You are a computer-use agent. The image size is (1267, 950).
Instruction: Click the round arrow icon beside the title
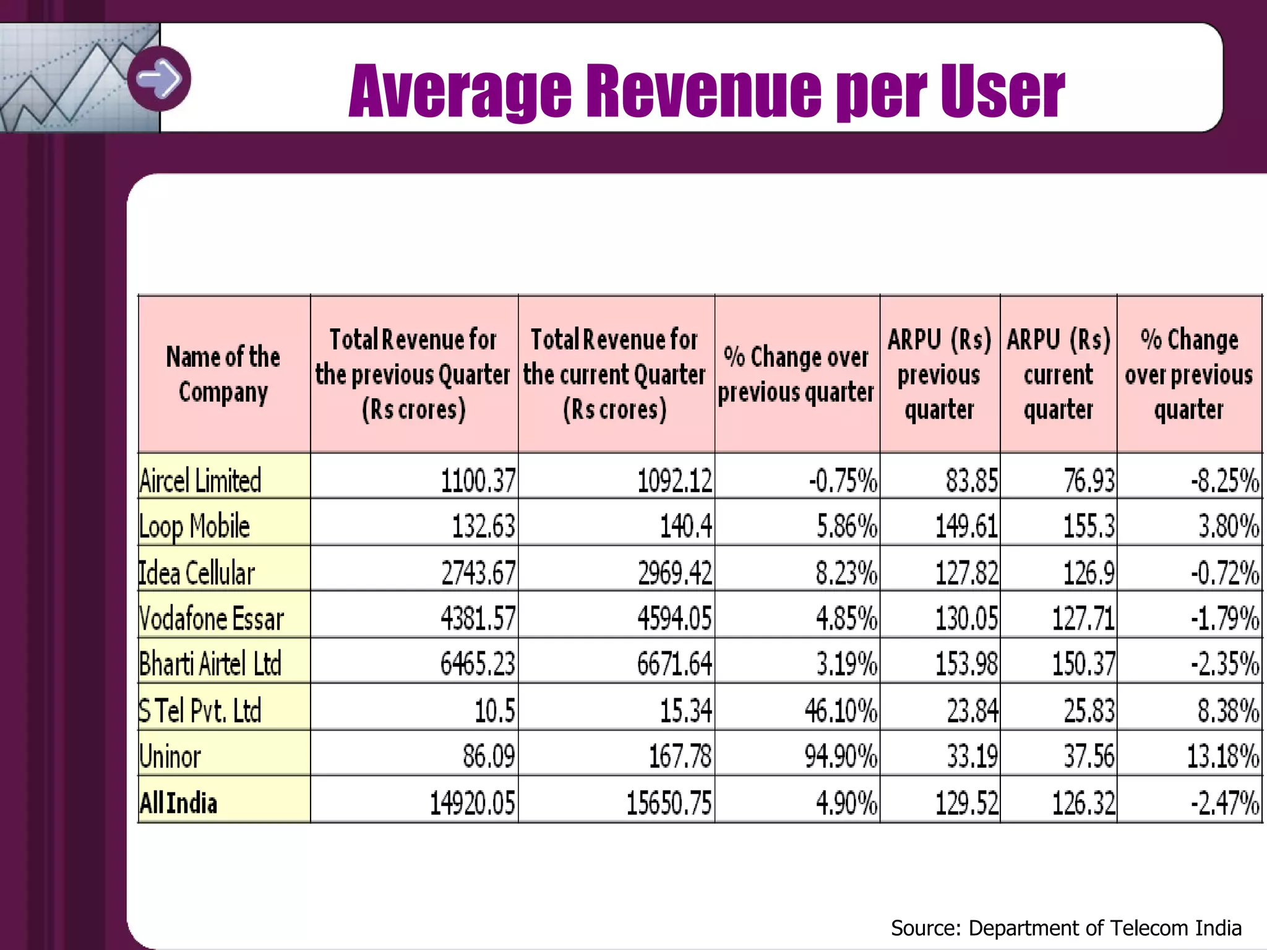(x=159, y=79)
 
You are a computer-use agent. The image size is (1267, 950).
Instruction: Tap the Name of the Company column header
(x=223, y=374)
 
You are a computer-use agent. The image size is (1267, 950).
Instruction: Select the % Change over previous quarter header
(x=796, y=374)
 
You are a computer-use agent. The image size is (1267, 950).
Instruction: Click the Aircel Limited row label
(x=200, y=481)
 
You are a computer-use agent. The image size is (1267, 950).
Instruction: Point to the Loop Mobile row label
(x=194, y=526)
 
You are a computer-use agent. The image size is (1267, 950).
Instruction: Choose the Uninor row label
(x=170, y=756)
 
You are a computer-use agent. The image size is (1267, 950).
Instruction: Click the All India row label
(x=178, y=803)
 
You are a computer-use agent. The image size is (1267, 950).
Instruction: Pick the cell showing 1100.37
(x=478, y=481)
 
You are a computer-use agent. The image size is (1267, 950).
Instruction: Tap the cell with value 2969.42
(x=675, y=573)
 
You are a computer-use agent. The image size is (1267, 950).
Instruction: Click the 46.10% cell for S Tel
(x=841, y=711)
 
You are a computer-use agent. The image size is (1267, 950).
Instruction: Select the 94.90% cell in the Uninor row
(x=841, y=756)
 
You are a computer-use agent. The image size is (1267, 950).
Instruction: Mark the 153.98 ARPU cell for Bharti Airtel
(x=966, y=664)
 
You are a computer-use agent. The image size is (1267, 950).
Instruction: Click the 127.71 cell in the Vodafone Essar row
(x=1083, y=618)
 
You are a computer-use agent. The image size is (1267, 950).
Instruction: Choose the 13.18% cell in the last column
(x=1222, y=756)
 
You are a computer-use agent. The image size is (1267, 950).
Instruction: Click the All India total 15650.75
(x=669, y=803)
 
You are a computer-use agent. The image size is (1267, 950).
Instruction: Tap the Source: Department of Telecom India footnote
(x=1066, y=928)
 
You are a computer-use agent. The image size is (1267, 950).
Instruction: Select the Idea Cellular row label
(x=196, y=573)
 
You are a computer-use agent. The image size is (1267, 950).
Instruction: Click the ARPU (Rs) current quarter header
(x=1059, y=374)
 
